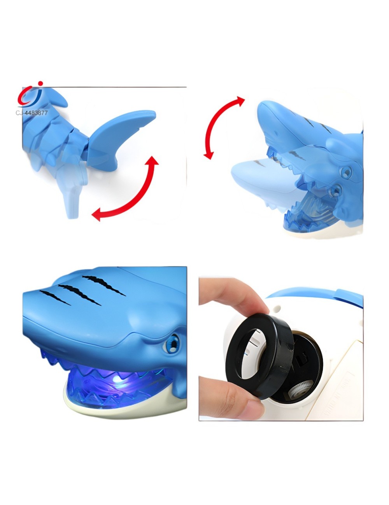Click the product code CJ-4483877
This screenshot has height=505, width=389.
[32, 113]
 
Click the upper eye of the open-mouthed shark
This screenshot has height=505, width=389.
[345, 171]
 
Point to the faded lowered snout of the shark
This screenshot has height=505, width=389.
[253, 175]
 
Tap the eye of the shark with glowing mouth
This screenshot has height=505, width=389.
[172, 343]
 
